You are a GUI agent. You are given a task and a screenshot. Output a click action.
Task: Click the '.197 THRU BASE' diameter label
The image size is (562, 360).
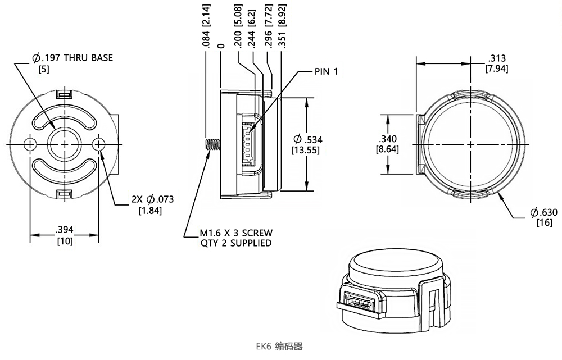click(x=72, y=58)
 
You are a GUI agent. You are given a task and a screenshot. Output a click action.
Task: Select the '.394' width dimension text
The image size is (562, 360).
click(x=64, y=229)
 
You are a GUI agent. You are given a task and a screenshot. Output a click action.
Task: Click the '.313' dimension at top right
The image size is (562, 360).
click(x=497, y=58)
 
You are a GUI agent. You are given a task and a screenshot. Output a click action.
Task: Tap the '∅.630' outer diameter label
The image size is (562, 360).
click(x=543, y=212)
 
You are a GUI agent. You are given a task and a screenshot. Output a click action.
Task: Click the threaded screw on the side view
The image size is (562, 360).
click(x=212, y=144)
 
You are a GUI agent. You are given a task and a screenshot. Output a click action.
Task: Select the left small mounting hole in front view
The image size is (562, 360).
click(x=30, y=144)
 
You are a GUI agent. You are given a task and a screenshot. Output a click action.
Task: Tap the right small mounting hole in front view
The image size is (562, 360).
click(x=100, y=144)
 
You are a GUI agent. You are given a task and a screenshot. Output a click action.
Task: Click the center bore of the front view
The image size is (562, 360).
click(x=65, y=144)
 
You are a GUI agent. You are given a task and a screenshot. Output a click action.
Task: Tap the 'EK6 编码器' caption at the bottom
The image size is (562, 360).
click(x=282, y=346)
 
